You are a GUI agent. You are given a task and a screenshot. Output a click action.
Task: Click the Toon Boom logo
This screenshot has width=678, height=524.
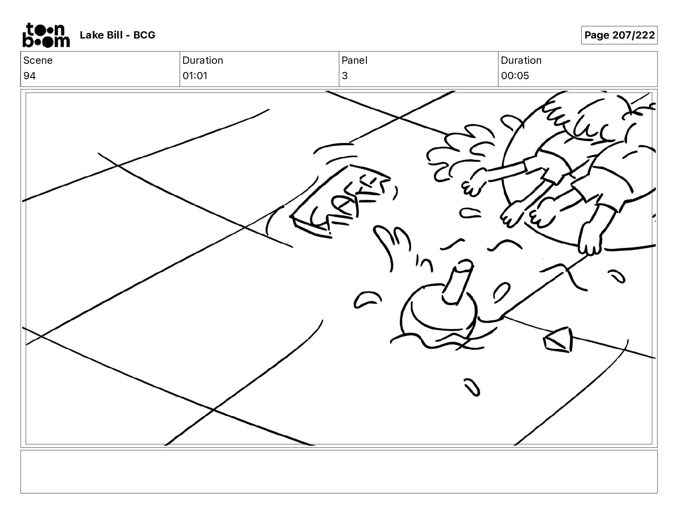pyautogui.click(x=46, y=35)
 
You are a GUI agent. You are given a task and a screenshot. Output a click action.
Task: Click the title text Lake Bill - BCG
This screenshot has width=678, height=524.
pyautogui.click(x=117, y=35)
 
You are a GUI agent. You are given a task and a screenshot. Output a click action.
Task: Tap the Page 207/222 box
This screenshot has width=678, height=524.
pyautogui.click(x=619, y=35)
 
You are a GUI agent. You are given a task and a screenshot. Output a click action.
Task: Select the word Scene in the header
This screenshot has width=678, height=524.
pyautogui.click(x=38, y=60)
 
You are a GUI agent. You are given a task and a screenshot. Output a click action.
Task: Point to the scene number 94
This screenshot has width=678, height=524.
pyautogui.click(x=30, y=76)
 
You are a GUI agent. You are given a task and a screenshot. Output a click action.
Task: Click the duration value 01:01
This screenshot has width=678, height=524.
pyautogui.click(x=195, y=76)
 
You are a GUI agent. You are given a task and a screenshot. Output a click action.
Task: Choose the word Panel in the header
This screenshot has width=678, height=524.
pyautogui.click(x=354, y=60)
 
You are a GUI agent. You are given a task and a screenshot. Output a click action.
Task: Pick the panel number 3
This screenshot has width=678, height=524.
pyautogui.click(x=345, y=76)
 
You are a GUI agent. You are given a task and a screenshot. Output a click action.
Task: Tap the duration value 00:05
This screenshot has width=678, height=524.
pyautogui.click(x=515, y=76)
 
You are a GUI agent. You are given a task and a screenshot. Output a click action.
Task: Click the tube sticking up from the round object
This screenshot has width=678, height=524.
pyautogui.click(x=457, y=281)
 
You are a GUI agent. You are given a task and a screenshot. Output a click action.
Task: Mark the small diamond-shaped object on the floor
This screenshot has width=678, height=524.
pyautogui.click(x=558, y=340)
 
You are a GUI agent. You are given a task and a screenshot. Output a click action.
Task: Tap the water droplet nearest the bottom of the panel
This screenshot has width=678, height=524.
pyautogui.click(x=472, y=387)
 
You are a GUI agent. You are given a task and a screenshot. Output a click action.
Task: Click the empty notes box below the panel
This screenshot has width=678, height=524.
pyautogui.click(x=339, y=472)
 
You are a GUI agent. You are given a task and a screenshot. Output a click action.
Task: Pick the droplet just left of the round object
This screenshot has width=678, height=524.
pyautogui.click(x=367, y=300)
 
